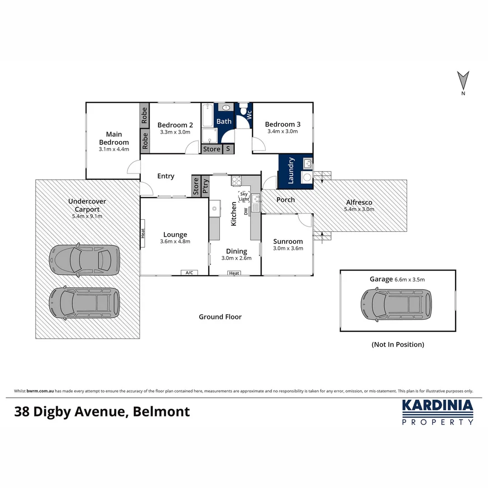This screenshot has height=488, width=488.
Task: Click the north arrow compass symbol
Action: tap(463, 81)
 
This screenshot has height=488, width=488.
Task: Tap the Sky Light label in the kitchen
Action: tap(244, 196)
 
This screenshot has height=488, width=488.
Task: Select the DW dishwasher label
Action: tap(246, 211)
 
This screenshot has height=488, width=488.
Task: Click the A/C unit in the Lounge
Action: tap(189, 272)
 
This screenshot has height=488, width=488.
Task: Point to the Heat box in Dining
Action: tap(234, 273)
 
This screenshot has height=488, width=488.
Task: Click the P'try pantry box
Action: tap(205, 186)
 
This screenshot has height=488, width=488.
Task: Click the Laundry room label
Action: tap(291, 170)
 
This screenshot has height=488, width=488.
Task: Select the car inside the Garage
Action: tap(396, 305)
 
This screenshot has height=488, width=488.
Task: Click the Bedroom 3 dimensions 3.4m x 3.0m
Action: tap(282, 132)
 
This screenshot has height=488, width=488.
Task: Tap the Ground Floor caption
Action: tap(220, 317)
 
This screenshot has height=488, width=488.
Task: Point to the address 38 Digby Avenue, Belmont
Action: tap(102, 412)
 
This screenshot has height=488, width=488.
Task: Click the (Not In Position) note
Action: tap(398, 344)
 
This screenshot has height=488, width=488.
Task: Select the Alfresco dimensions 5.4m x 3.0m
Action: tap(359, 209)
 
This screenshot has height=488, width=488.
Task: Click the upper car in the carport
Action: tap(84, 260)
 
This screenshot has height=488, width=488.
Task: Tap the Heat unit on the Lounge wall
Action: tap(143, 233)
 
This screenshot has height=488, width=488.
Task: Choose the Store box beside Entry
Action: tap(196, 186)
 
